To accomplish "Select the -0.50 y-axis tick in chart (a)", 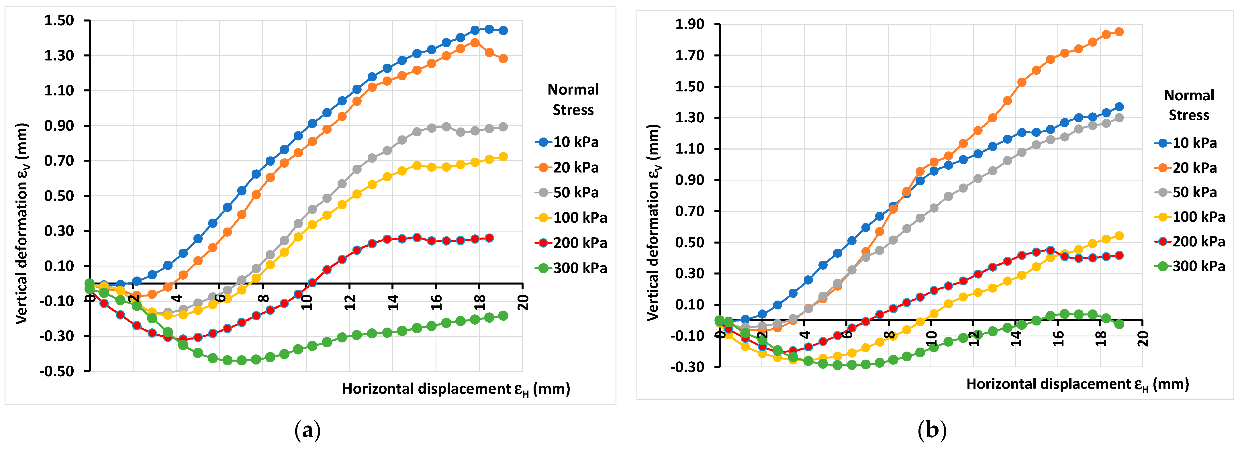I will tap(56, 371).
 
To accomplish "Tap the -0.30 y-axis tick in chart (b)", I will tap(687, 367).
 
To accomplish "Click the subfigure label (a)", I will tap(307, 430).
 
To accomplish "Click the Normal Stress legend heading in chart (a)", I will tap(573, 100).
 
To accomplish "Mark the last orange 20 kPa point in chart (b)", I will tap(1119, 32).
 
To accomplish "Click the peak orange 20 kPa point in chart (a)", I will tap(475, 42).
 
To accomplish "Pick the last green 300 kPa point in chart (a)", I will tap(503, 316).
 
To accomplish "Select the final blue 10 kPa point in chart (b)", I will tap(1119, 107).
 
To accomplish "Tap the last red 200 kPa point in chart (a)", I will tap(489, 238).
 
